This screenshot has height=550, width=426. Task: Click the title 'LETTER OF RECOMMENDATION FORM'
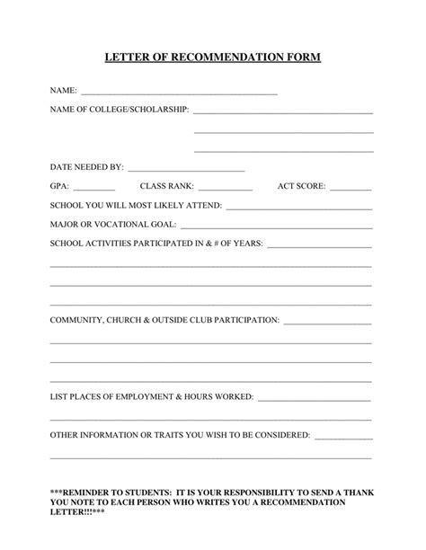(212, 58)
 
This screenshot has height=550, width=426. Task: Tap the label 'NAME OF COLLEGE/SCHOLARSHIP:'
(119, 110)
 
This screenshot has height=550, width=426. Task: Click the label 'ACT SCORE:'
(302, 186)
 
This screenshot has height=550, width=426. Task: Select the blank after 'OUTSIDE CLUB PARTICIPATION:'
(328, 322)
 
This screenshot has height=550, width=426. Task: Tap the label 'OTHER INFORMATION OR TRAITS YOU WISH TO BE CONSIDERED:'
(180, 434)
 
